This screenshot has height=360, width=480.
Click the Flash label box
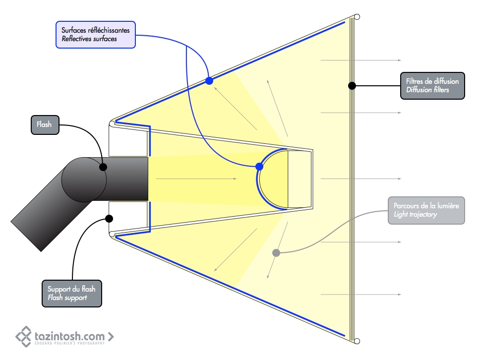click(44, 124)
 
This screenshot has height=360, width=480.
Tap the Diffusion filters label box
click(432, 85)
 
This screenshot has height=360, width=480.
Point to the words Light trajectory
click(415, 214)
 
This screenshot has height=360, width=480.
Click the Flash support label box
click(72, 293)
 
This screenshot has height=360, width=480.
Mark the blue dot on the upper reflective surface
click(209, 80)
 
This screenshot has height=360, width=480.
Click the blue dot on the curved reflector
click(259, 167)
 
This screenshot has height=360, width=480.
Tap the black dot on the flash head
click(103, 167)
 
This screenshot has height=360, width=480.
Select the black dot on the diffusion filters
click(352, 85)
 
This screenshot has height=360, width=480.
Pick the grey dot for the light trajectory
click(276, 253)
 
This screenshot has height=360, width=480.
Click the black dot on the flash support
click(109, 218)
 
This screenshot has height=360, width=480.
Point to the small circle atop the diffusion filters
click(357, 17)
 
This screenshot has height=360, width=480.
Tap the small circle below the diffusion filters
click(357, 341)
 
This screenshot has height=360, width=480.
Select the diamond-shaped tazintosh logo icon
click(24, 336)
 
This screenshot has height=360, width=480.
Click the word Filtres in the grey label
click(415, 81)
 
